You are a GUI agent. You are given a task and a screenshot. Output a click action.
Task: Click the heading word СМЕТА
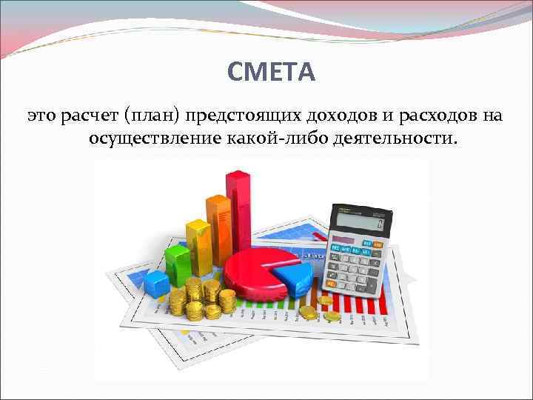click(272, 72)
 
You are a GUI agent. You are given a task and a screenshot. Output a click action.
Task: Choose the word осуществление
click(152, 139)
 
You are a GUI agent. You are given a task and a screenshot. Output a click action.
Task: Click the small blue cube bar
click(157, 282)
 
